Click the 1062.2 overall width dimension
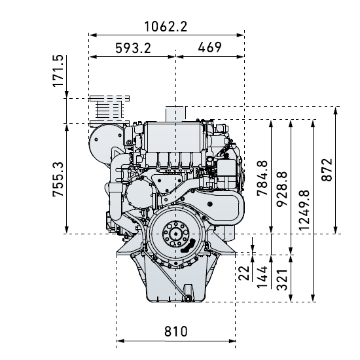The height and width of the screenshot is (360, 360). (166, 27)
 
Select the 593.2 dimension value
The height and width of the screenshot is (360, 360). (133, 48)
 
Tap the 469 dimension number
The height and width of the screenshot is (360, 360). (209, 47)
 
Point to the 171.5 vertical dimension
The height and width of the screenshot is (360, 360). (58, 71)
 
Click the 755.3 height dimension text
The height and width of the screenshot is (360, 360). (58, 179)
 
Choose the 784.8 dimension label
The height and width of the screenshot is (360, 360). (262, 178)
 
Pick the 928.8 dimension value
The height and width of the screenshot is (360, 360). (282, 189)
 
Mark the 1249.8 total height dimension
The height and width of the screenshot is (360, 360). (304, 210)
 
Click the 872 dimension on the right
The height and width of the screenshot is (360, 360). (327, 170)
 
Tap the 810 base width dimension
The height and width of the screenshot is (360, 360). (176, 332)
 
